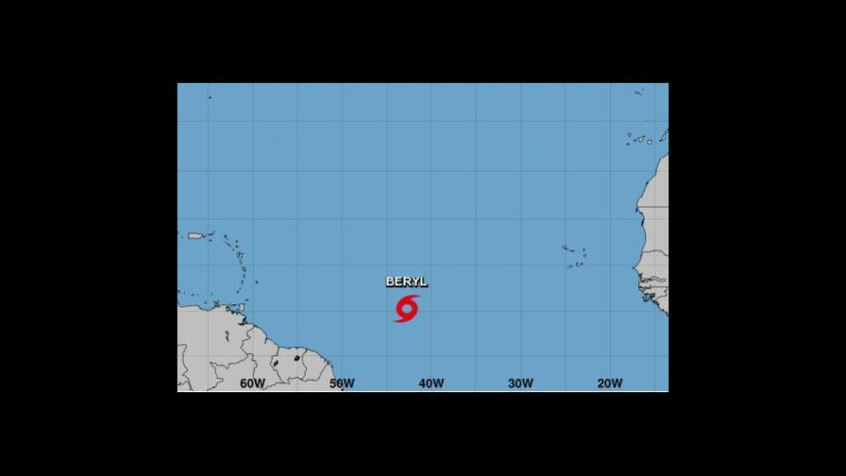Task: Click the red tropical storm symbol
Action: [x=407, y=308]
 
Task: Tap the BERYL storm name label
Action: [x=406, y=281]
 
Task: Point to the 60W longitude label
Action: [x=252, y=383]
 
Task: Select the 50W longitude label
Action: [x=342, y=383]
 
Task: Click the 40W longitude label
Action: [x=431, y=383]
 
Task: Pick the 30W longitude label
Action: [x=520, y=383]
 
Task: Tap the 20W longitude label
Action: [x=610, y=383]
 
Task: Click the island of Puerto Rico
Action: [x=196, y=236]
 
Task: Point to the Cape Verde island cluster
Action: [x=574, y=256]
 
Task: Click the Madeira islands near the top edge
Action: [x=639, y=93]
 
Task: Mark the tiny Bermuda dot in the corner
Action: [x=209, y=97]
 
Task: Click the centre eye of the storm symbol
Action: [x=407, y=308]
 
